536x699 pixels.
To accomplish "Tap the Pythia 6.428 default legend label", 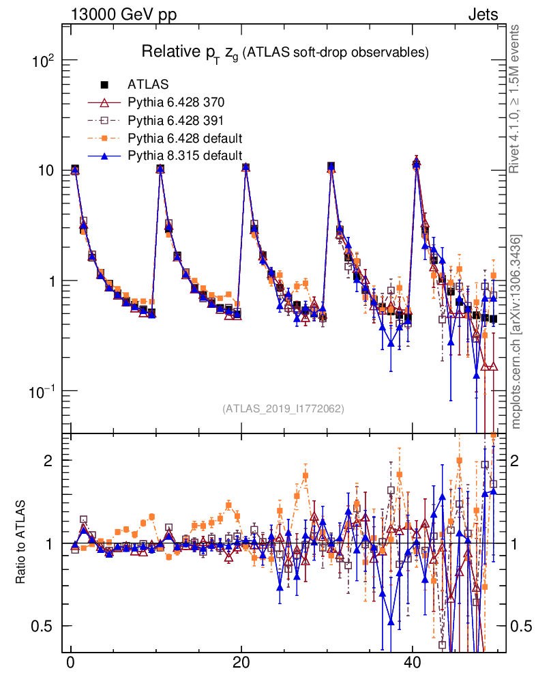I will pos(185,138).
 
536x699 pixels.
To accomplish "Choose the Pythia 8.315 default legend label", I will pos(185,156).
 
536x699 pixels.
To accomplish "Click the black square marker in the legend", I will pos(105,85).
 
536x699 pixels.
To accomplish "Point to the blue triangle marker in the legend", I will pos(105,156).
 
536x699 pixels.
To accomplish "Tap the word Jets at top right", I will pos(482,15).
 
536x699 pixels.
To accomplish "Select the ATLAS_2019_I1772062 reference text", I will pos(283,409).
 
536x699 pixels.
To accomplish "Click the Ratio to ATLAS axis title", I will pos(22,543).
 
